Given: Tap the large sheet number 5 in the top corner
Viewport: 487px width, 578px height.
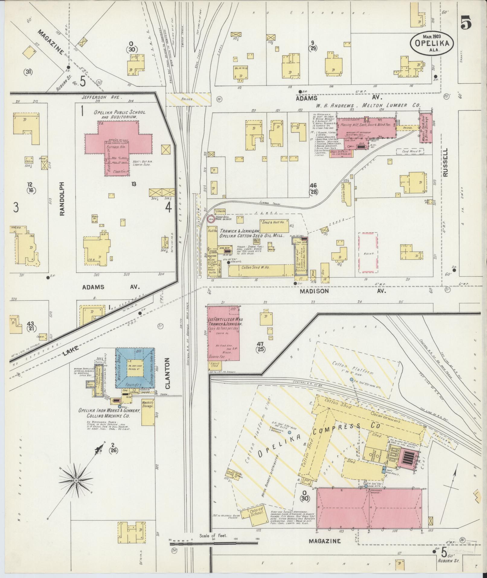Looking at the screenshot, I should (x=466, y=23).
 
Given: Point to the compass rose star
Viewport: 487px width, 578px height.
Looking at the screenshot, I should (x=76, y=488).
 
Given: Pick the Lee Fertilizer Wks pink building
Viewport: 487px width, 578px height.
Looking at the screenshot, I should (x=223, y=333).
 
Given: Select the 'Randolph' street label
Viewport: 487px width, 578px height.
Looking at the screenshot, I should (x=62, y=199).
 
